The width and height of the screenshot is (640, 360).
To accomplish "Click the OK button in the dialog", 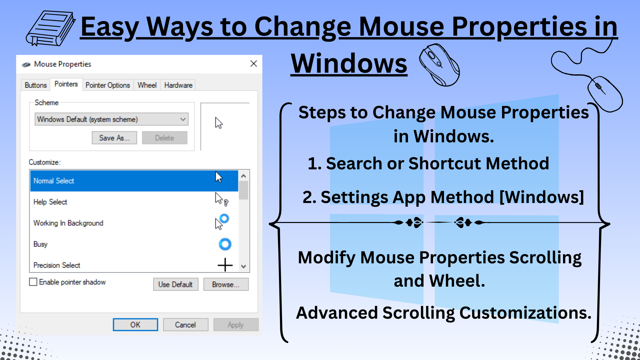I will click(x=135, y=325).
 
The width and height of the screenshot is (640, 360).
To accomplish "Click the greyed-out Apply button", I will click(x=236, y=325).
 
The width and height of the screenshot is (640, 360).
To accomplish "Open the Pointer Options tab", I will click(x=107, y=85).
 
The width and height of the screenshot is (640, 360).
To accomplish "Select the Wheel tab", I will click(x=147, y=85).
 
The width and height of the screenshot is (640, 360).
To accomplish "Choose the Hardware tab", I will click(x=178, y=85).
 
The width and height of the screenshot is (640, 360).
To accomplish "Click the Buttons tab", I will click(x=36, y=85).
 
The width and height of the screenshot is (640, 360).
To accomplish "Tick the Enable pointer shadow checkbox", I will click(x=33, y=282).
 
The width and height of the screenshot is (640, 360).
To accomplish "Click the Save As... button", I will click(x=114, y=138).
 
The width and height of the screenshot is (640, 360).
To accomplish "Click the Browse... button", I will click(x=226, y=285).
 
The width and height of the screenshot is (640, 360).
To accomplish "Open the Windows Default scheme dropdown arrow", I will click(x=183, y=119).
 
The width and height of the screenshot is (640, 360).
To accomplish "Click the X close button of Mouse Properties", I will click(x=254, y=64).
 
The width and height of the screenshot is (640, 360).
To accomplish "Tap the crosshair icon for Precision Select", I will click(x=225, y=265).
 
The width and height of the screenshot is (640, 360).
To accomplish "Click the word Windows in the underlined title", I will click(x=349, y=63).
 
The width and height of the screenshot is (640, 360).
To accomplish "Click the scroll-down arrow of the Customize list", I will click(x=244, y=266).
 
